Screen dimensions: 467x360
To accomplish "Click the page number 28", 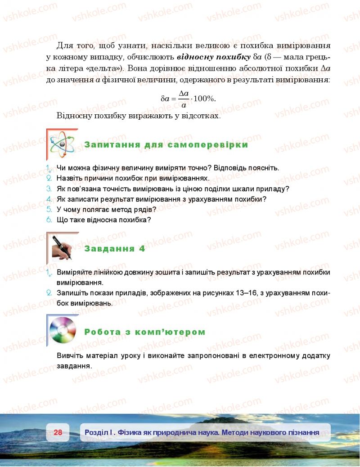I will (58, 432).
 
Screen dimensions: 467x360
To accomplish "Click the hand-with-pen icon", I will (62, 247).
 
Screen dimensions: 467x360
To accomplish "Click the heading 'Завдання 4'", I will (115, 248).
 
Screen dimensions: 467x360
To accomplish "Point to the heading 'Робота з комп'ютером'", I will (144, 332).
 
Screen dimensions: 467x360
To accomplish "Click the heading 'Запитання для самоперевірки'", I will (166, 145).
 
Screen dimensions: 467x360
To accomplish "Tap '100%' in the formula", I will (205, 99).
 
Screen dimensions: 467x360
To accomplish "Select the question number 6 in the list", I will (49, 220).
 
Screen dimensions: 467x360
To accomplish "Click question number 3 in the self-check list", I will (49, 189).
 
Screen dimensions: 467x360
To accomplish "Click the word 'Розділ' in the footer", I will (94, 432).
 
